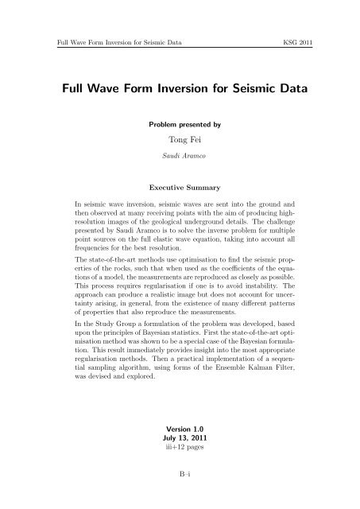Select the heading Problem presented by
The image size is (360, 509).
click(x=180, y=126)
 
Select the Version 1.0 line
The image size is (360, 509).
click(x=180, y=429)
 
